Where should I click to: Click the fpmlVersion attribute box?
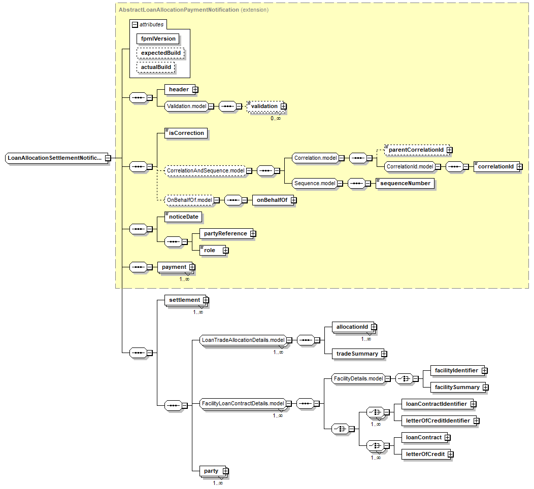click(158, 39)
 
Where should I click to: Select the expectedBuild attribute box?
click(160, 53)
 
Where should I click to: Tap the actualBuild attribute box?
click(156, 67)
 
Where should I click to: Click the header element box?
click(178, 89)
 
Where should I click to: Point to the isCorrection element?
click(186, 133)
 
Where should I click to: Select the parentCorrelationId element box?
click(416, 150)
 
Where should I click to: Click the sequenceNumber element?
click(405, 183)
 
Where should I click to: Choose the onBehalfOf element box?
click(272, 200)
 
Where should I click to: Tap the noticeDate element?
click(183, 217)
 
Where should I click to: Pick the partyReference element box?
click(225, 234)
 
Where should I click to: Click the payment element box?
click(174, 267)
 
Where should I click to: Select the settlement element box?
click(184, 300)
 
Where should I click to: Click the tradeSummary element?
click(357, 354)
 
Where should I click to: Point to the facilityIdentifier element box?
click(456, 371)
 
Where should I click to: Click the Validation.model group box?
click(186, 106)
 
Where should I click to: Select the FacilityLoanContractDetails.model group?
click(242, 403)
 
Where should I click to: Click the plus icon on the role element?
click(225, 250)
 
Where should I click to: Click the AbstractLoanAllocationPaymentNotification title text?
click(178, 10)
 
